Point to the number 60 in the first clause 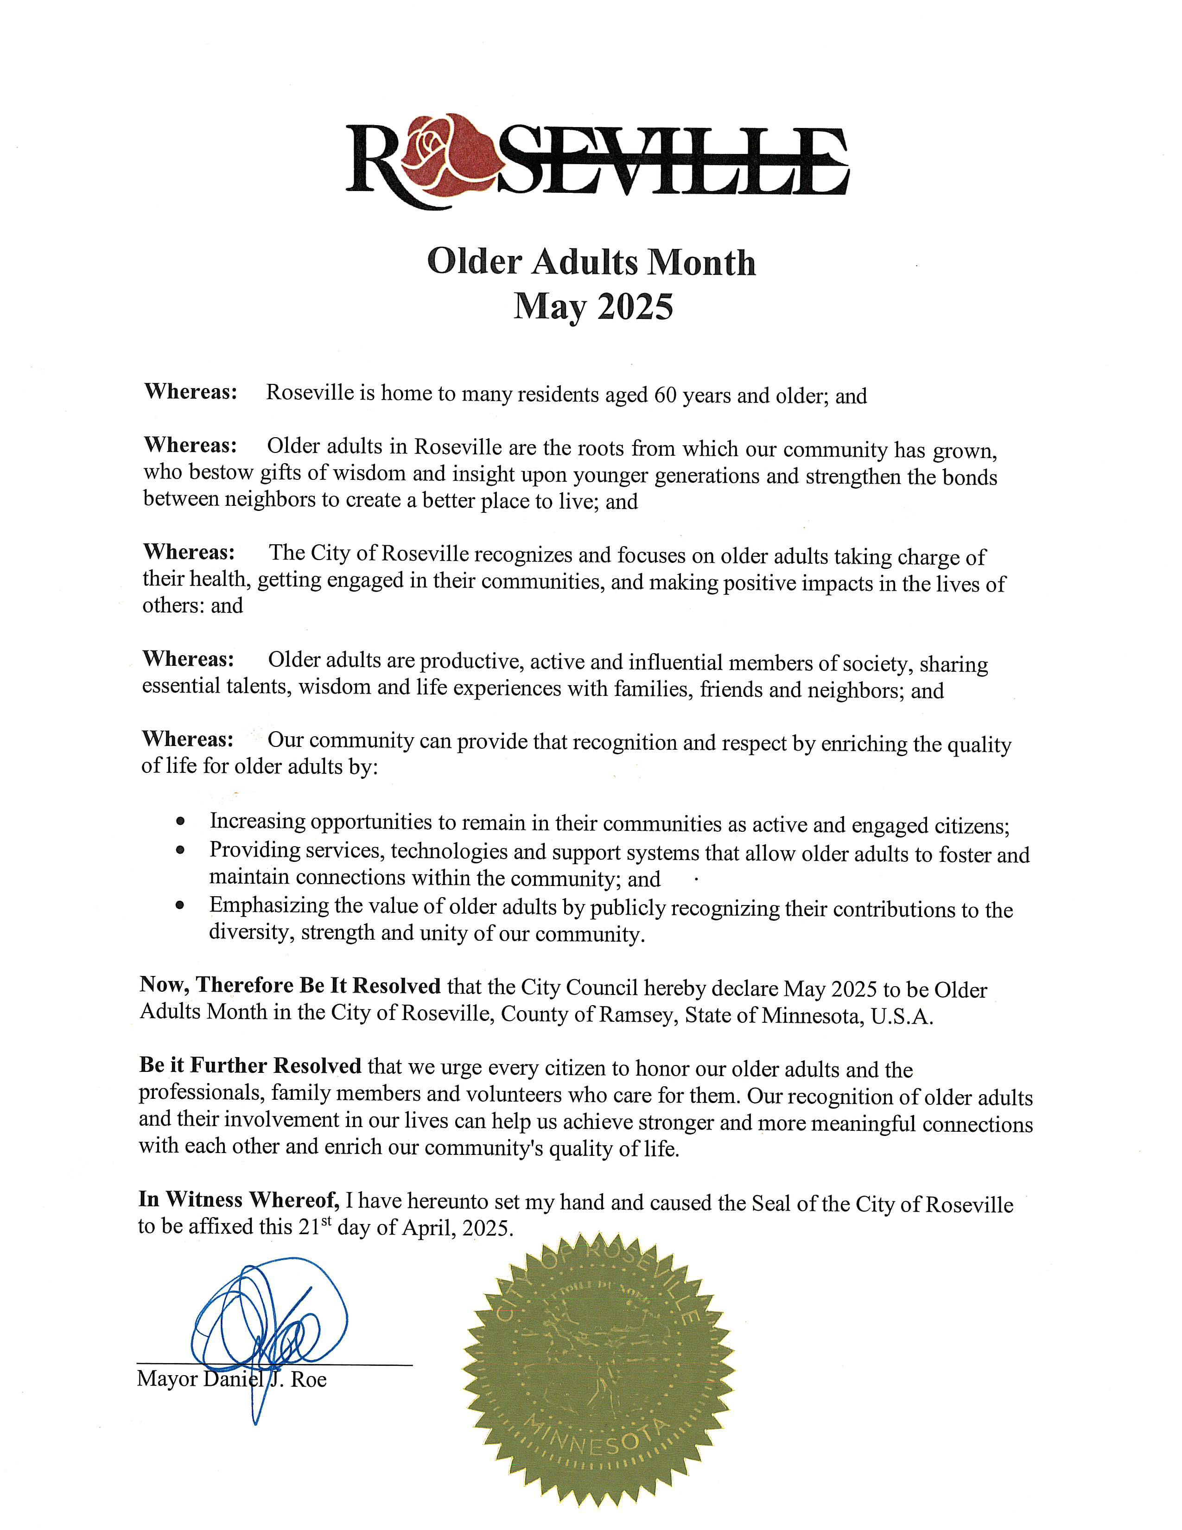point(665,395)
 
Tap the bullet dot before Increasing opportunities point(181,820)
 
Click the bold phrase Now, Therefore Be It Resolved point(290,985)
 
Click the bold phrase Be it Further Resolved point(250,1065)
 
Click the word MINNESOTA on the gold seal point(595,1436)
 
